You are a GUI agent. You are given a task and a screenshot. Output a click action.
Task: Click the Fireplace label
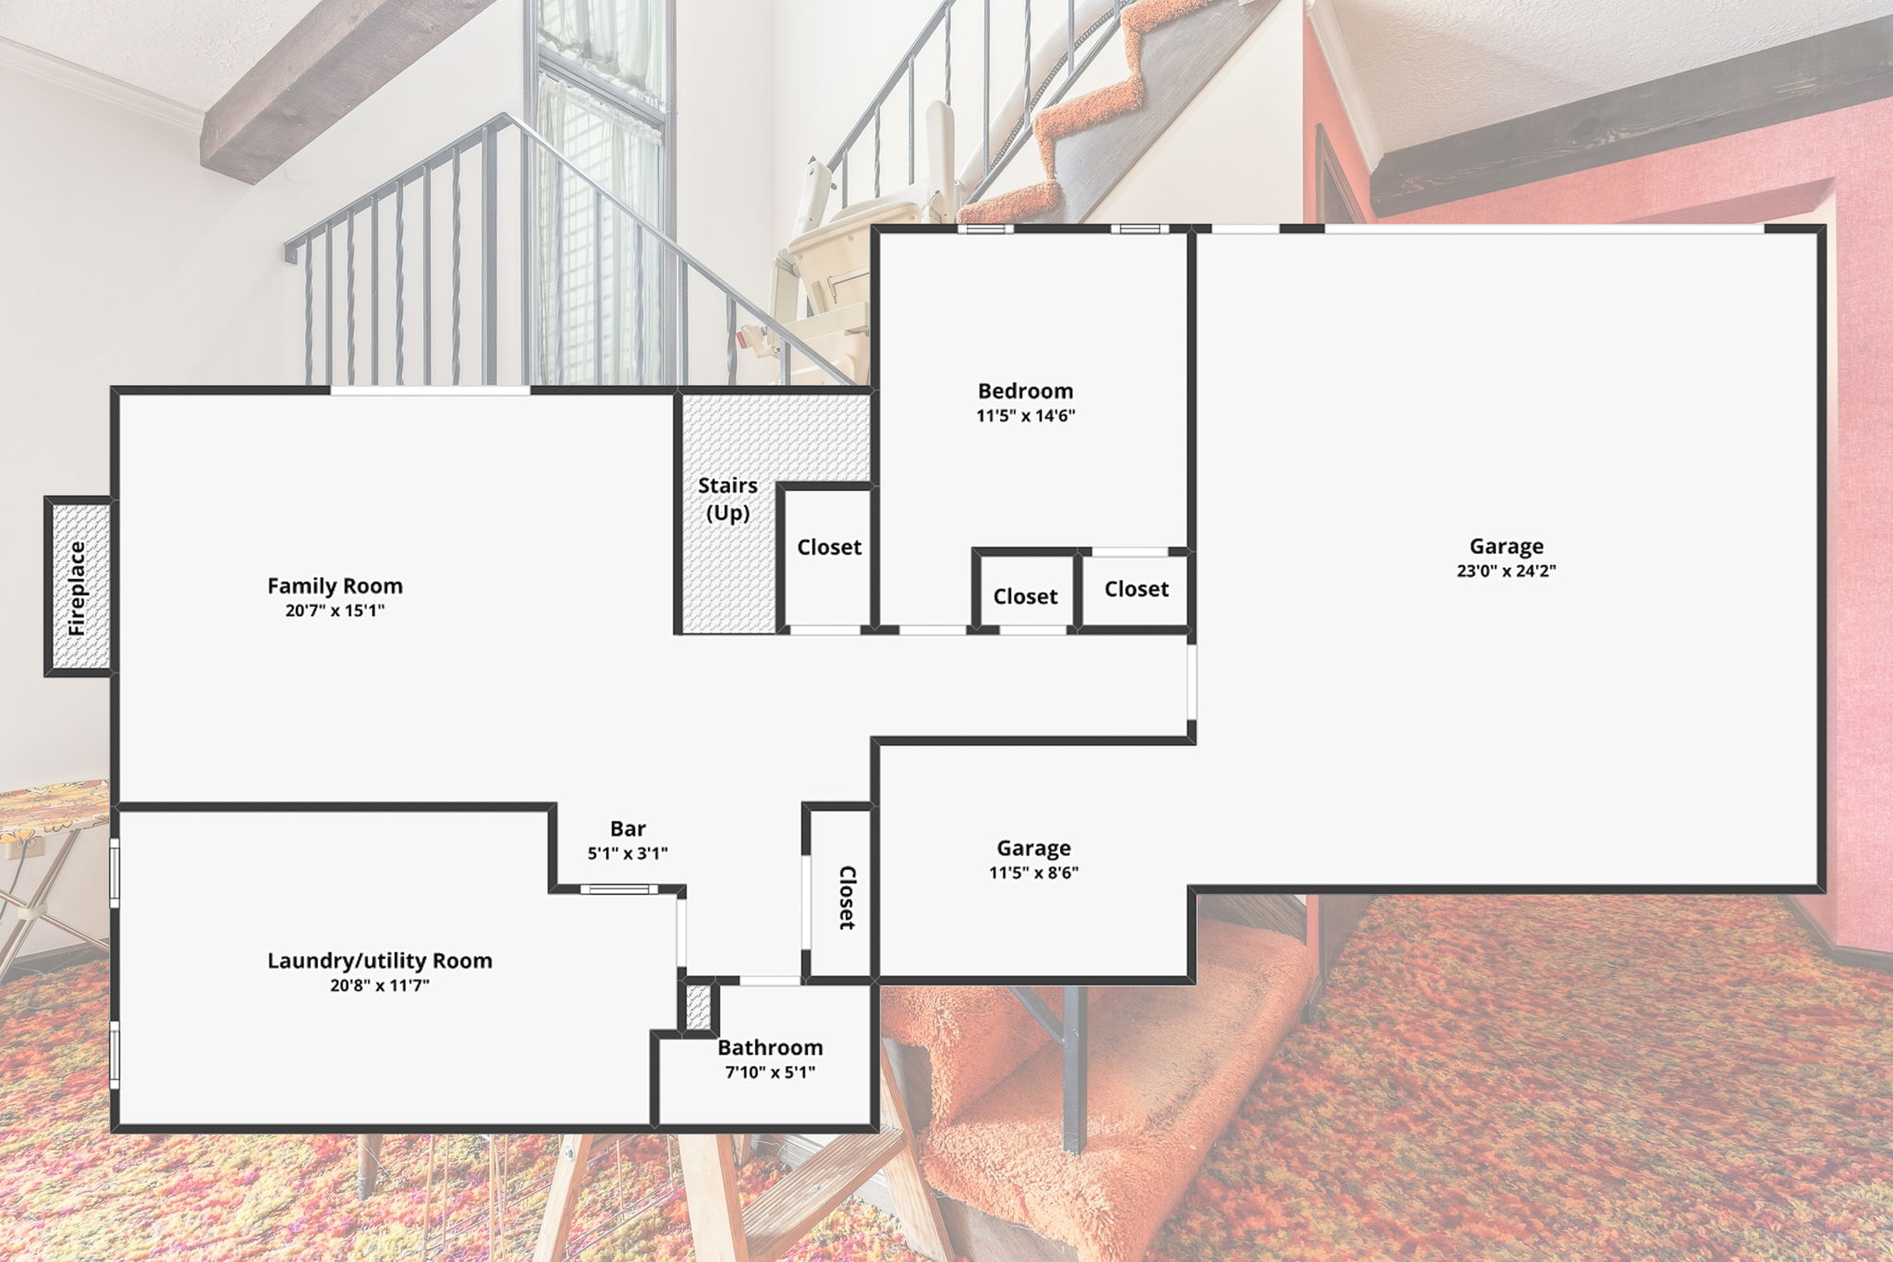point(77,588)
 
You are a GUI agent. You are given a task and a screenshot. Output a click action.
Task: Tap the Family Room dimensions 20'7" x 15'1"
point(335,610)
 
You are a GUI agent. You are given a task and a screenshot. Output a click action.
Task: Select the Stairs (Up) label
point(727,499)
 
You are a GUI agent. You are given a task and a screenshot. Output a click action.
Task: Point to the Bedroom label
point(1025,391)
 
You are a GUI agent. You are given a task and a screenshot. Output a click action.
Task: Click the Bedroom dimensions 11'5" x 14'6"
point(1025,416)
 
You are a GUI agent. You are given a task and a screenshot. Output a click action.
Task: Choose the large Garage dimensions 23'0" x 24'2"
point(1506,571)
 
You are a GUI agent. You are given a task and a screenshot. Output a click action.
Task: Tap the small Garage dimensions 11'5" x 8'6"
point(1033,873)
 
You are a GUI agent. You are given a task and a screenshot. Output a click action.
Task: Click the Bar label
point(628,828)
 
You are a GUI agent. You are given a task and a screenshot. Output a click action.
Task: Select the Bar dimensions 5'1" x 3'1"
point(628,853)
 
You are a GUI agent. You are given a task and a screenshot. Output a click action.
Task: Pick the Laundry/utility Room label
point(380,961)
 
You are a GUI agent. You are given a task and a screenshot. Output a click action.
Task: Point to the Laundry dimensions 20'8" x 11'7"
point(380,986)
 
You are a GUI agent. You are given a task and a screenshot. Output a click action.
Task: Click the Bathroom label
point(770,1048)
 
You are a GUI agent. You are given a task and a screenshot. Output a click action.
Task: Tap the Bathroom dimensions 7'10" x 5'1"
point(770,1072)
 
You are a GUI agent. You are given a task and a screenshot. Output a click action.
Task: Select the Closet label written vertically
point(847,898)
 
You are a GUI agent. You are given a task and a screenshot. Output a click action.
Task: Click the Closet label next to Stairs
point(829,547)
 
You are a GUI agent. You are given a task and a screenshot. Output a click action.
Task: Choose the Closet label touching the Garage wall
point(1136,589)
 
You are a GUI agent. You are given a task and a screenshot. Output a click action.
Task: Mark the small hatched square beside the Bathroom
point(699,1008)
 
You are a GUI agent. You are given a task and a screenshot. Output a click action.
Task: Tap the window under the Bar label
point(619,889)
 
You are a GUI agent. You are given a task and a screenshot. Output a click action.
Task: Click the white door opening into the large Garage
point(1192,682)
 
